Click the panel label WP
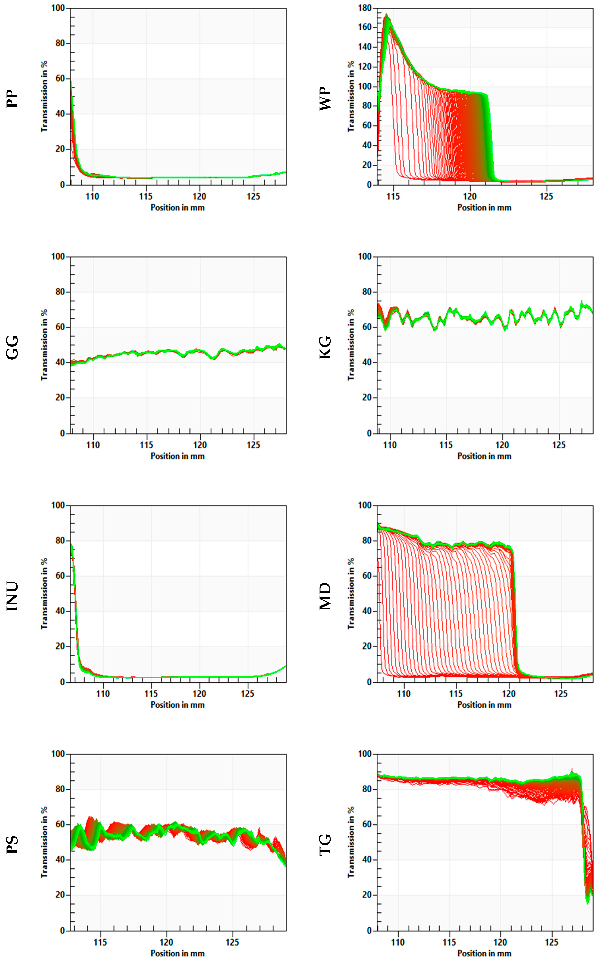(325, 99)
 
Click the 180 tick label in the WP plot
(364, 8)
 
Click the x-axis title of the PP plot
(177, 207)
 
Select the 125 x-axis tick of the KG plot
(559, 445)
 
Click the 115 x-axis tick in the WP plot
(393, 196)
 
